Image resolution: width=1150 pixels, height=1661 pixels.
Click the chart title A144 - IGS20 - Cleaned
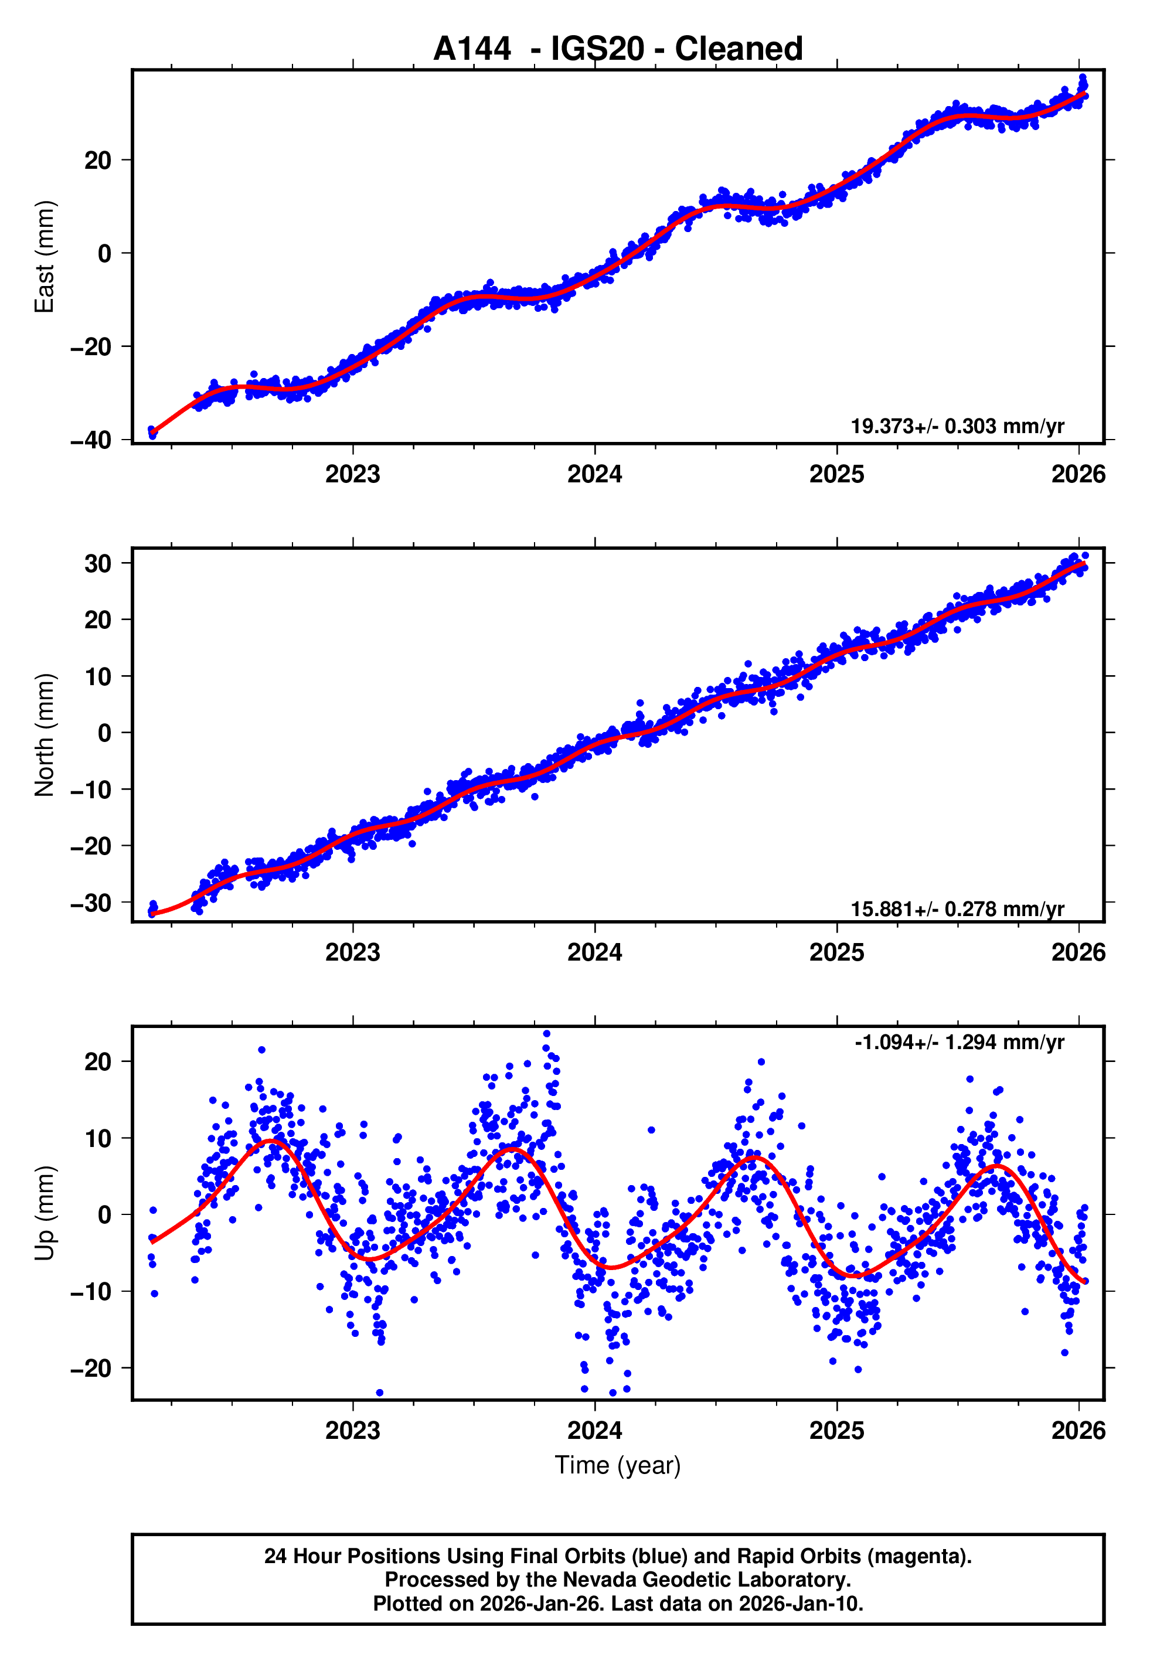618,49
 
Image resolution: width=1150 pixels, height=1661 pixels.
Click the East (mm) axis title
44,257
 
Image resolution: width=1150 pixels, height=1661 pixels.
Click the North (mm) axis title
44,735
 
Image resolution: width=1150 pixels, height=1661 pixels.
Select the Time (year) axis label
618,1465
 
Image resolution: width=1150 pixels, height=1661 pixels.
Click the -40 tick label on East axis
91,440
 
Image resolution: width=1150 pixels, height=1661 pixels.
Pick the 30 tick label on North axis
98,563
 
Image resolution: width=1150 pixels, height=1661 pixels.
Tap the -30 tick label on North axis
91,903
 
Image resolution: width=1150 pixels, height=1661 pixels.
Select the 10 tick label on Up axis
98,1138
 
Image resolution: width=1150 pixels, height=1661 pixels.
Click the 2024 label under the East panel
594,474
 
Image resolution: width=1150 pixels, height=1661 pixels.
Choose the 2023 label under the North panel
352,952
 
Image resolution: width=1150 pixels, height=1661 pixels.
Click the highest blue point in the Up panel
546,1034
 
